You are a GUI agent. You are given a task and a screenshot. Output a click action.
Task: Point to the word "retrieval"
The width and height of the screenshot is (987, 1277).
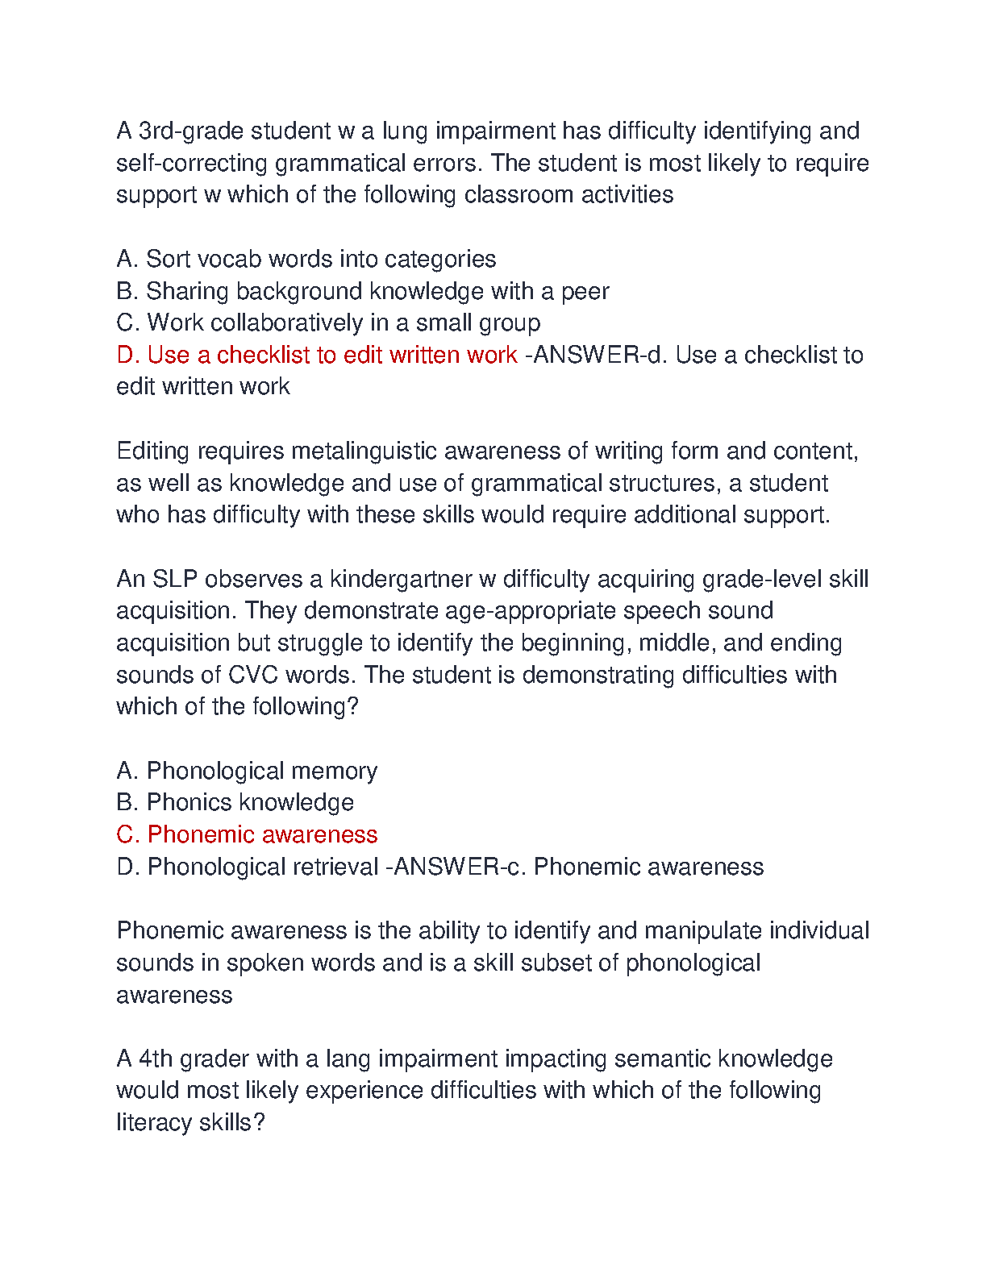point(335,867)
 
